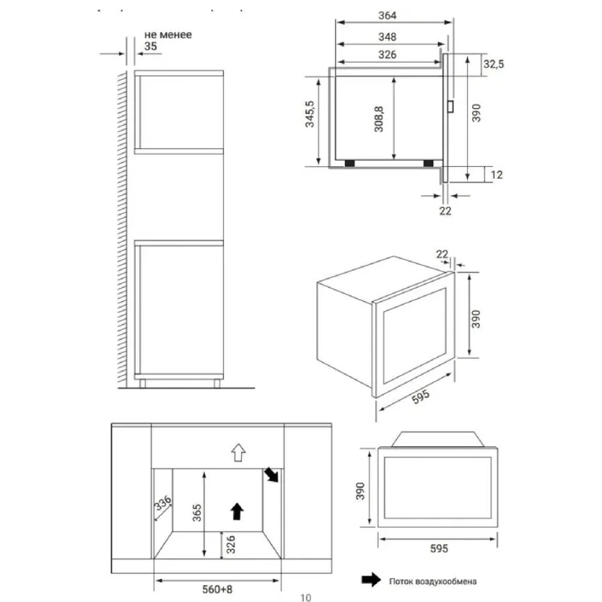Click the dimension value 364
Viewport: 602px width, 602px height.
[x=387, y=15]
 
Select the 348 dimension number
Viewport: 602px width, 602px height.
[x=387, y=37]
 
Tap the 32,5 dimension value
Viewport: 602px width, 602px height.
[x=494, y=64]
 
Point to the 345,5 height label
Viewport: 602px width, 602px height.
[x=309, y=114]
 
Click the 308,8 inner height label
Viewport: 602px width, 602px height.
[x=379, y=119]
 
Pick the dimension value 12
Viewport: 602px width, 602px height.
[x=496, y=175]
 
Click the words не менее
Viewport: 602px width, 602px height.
[x=168, y=35]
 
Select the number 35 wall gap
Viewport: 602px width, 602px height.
[x=150, y=46]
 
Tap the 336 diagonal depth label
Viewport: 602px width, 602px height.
[x=163, y=503]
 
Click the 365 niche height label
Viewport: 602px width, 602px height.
[x=197, y=512]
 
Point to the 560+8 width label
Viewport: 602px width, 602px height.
[x=218, y=589]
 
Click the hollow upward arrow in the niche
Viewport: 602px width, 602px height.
[x=238, y=453]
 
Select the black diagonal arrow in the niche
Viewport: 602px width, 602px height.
[x=271, y=475]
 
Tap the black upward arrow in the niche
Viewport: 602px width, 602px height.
[x=237, y=512]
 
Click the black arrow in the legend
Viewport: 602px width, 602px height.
[x=371, y=580]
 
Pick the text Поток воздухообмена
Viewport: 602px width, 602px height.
[x=432, y=581]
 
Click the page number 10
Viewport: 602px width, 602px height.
[x=306, y=597]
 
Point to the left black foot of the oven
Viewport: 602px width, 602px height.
[x=350, y=163]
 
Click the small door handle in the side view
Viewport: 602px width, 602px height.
[x=450, y=106]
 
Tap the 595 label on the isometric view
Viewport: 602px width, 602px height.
[x=421, y=397]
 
